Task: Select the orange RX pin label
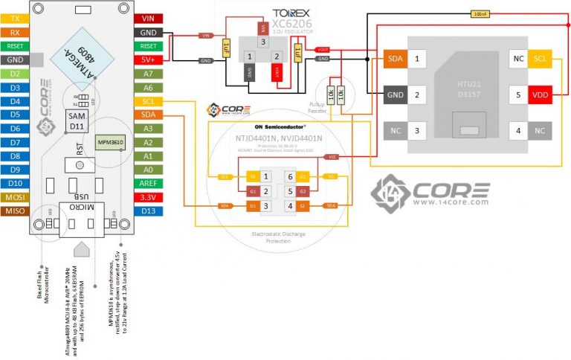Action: [x=15, y=32]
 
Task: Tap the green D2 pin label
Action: [x=15, y=74]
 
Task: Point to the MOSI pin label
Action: [x=15, y=197]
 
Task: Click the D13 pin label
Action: [x=148, y=211]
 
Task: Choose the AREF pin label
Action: [x=148, y=184]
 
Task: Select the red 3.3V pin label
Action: [x=148, y=198]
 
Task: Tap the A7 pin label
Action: [x=148, y=74]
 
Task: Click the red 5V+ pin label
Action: [x=148, y=60]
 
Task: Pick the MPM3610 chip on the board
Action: [x=112, y=141]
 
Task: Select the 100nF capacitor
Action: [x=480, y=13]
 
